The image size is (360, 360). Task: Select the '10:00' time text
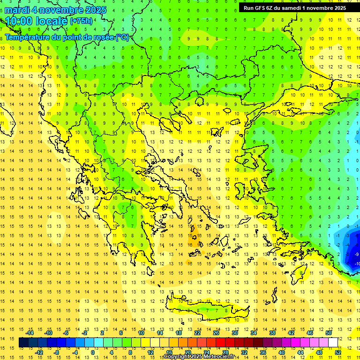pyautogui.click(x=18, y=22)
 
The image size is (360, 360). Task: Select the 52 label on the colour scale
pyautogui.click(x=338, y=352)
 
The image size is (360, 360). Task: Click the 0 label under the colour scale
pyautogui.click(x=92, y=352)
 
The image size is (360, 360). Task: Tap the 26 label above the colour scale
pyautogui.click(x=216, y=333)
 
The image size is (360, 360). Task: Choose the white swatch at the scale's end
pyautogui.click(x=333, y=343)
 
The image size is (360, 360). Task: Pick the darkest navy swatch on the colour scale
pyautogui.click(x=24, y=343)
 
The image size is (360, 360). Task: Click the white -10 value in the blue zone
pyautogui.click(x=357, y=264)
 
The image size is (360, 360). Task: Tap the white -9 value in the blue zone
pyautogui.click(x=357, y=254)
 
